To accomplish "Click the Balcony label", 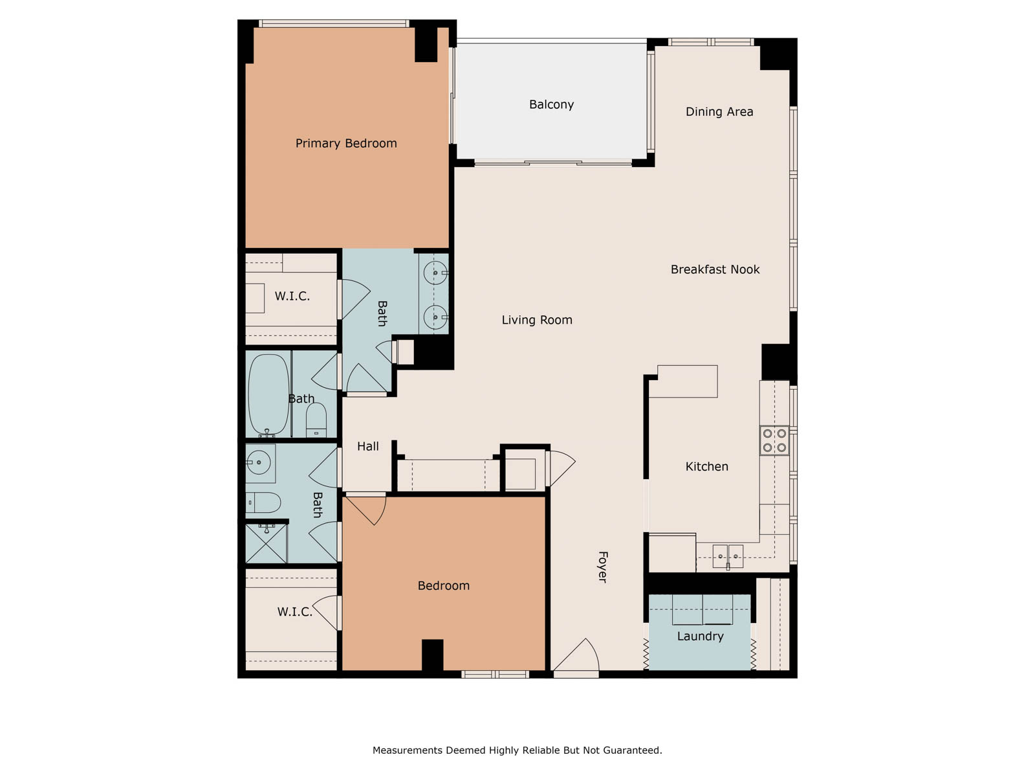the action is click(551, 105).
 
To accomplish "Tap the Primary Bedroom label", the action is click(346, 143).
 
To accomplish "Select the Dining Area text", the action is click(719, 112).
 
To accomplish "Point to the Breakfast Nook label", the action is click(715, 269).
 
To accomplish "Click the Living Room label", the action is click(537, 320).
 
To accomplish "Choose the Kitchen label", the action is click(706, 467).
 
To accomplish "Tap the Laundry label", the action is click(700, 636).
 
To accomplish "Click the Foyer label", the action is click(603, 567).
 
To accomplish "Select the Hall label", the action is click(368, 446).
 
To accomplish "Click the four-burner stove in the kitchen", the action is click(774, 440).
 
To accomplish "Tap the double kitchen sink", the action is click(728, 556).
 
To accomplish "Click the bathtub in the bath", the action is click(268, 394).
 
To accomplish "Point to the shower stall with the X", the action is click(267, 543).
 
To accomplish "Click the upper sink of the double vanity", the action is click(435, 273).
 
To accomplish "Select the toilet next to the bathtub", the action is click(316, 419).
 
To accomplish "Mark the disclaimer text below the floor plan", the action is click(517, 750).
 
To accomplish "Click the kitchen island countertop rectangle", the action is click(688, 381).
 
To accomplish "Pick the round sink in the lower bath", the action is click(258, 462).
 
